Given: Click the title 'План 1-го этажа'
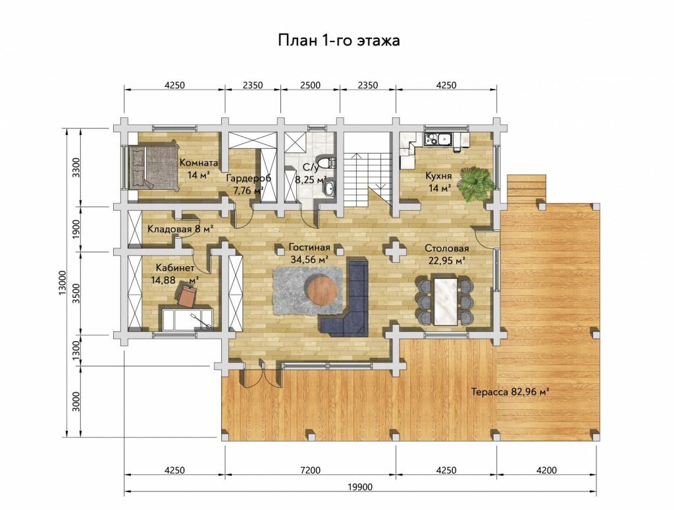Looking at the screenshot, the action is click(339, 40).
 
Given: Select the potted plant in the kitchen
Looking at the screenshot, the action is click(476, 183).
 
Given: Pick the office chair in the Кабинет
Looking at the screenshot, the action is click(188, 296).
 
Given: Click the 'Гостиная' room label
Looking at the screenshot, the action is click(309, 248).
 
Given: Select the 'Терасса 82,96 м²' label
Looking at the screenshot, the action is click(511, 392).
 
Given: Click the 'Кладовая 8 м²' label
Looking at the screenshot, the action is click(180, 229).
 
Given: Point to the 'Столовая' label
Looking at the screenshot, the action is click(447, 249).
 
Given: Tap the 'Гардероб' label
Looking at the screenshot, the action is click(248, 178).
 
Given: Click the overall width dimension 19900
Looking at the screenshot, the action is click(360, 487).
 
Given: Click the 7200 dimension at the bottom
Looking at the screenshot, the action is click(310, 470).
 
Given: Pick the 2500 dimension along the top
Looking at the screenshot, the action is click(310, 85).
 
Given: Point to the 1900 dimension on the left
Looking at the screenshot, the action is click(76, 229).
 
